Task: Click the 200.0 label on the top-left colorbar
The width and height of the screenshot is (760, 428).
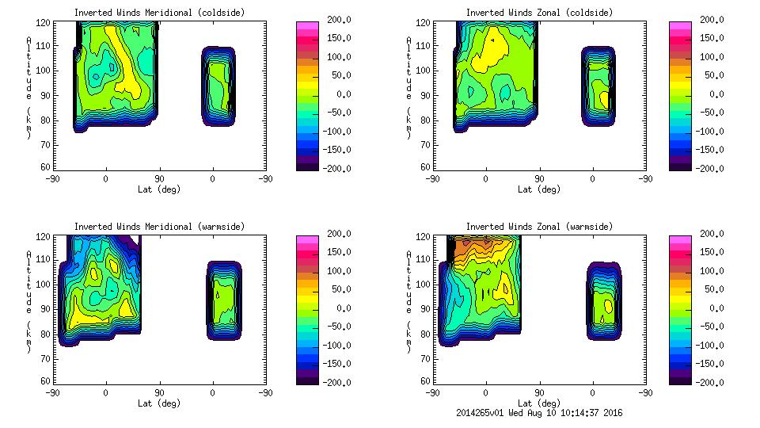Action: point(332,20)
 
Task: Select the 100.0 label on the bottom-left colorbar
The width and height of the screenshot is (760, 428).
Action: point(332,271)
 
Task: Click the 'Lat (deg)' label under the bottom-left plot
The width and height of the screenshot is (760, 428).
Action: point(159,403)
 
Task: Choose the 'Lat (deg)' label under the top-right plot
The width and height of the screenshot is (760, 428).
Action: point(539,189)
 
